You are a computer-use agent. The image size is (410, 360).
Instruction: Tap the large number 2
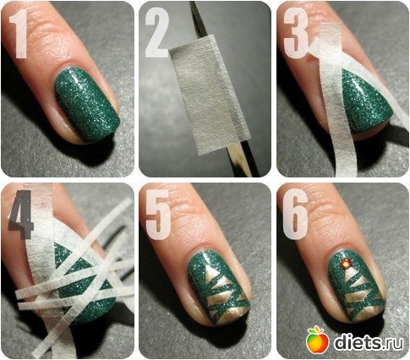[x=157, y=33]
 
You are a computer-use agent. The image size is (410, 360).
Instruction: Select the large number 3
[x=296, y=33]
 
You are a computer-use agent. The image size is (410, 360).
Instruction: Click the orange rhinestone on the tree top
[x=346, y=264]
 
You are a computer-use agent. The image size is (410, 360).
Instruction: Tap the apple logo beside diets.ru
[x=318, y=340]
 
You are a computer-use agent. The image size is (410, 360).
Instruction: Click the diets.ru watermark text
[x=369, y=342]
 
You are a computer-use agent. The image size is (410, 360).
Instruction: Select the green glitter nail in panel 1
[x=87, y=105]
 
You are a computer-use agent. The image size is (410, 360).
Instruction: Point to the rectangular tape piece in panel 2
[x=210, y=95]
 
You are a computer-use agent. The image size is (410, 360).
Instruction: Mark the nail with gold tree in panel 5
[x=218, y=288]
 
